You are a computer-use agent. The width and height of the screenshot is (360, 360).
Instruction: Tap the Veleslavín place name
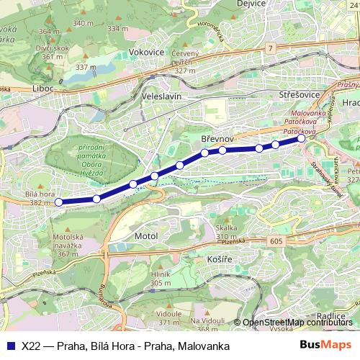pyautogui.click(x=161, y=96)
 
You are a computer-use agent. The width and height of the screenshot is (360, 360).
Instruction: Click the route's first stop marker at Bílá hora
pyautogui.click(x=59, y=202)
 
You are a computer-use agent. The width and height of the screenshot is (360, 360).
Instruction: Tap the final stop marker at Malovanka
pyautogui.click(x=301, y=140)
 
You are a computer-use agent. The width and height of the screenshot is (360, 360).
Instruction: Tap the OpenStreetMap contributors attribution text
pyautogui.click(x=296, y=323)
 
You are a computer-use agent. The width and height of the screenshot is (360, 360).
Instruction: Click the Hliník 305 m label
pyautogui.click(x=160, y=278)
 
